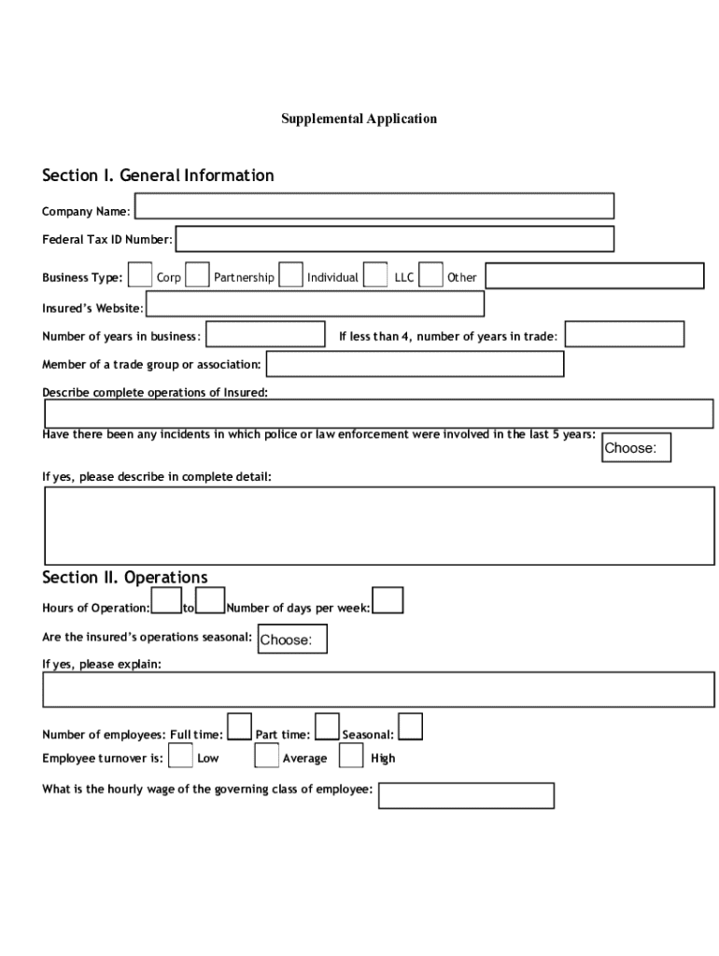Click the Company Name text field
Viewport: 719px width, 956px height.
click(x=374, y=206)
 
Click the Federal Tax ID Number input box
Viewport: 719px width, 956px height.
click(x=394, y=239)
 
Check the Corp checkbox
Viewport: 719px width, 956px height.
click(x=140, y=275)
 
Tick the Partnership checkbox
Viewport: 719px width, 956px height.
click(x=197, y=275)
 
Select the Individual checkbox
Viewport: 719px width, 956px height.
click(x=291, y=275)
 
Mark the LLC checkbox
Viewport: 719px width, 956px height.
click(x=375, y=275)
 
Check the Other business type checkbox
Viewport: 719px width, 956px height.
click(x=430, y=275)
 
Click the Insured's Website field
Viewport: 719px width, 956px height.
click(x=315, y=304)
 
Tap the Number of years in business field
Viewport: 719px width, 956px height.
click(x=264, y=335)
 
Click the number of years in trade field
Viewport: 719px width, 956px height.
click(x=625, y=334)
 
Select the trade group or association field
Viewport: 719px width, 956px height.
click(x=415, y=364)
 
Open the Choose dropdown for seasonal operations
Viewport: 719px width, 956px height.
click(x=292, y=640)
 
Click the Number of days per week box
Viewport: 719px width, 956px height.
click(x=388, y=601)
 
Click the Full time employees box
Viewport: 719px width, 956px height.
click(x=240, y=726)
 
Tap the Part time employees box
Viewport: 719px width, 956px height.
click(x=327, y=726)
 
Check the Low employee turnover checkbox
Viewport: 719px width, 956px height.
click(x=181, y=755)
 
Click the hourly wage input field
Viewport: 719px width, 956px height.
click(x=466, y=795)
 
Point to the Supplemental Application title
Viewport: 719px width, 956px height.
click(x=359, y=119)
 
